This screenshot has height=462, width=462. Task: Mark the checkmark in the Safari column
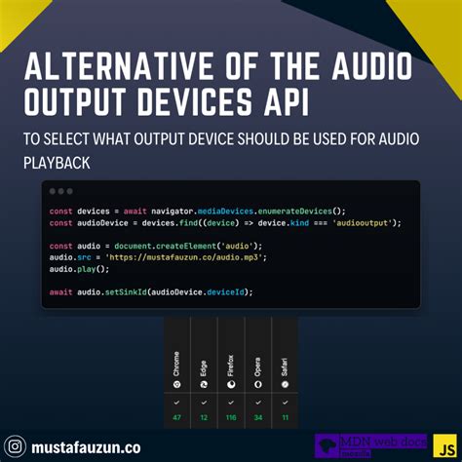285,400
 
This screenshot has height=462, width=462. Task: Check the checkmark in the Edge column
204,400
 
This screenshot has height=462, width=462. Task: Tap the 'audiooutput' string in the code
366,222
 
